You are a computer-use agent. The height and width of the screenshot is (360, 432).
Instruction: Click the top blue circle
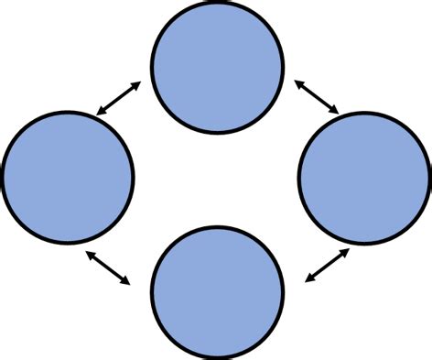click(217, 67)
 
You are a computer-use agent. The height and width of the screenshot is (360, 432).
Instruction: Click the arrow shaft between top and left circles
click(118, 99)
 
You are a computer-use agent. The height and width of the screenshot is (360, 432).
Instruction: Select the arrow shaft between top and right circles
click(317, 98)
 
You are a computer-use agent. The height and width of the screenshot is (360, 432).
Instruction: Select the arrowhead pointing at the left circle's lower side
click(89, 250)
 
